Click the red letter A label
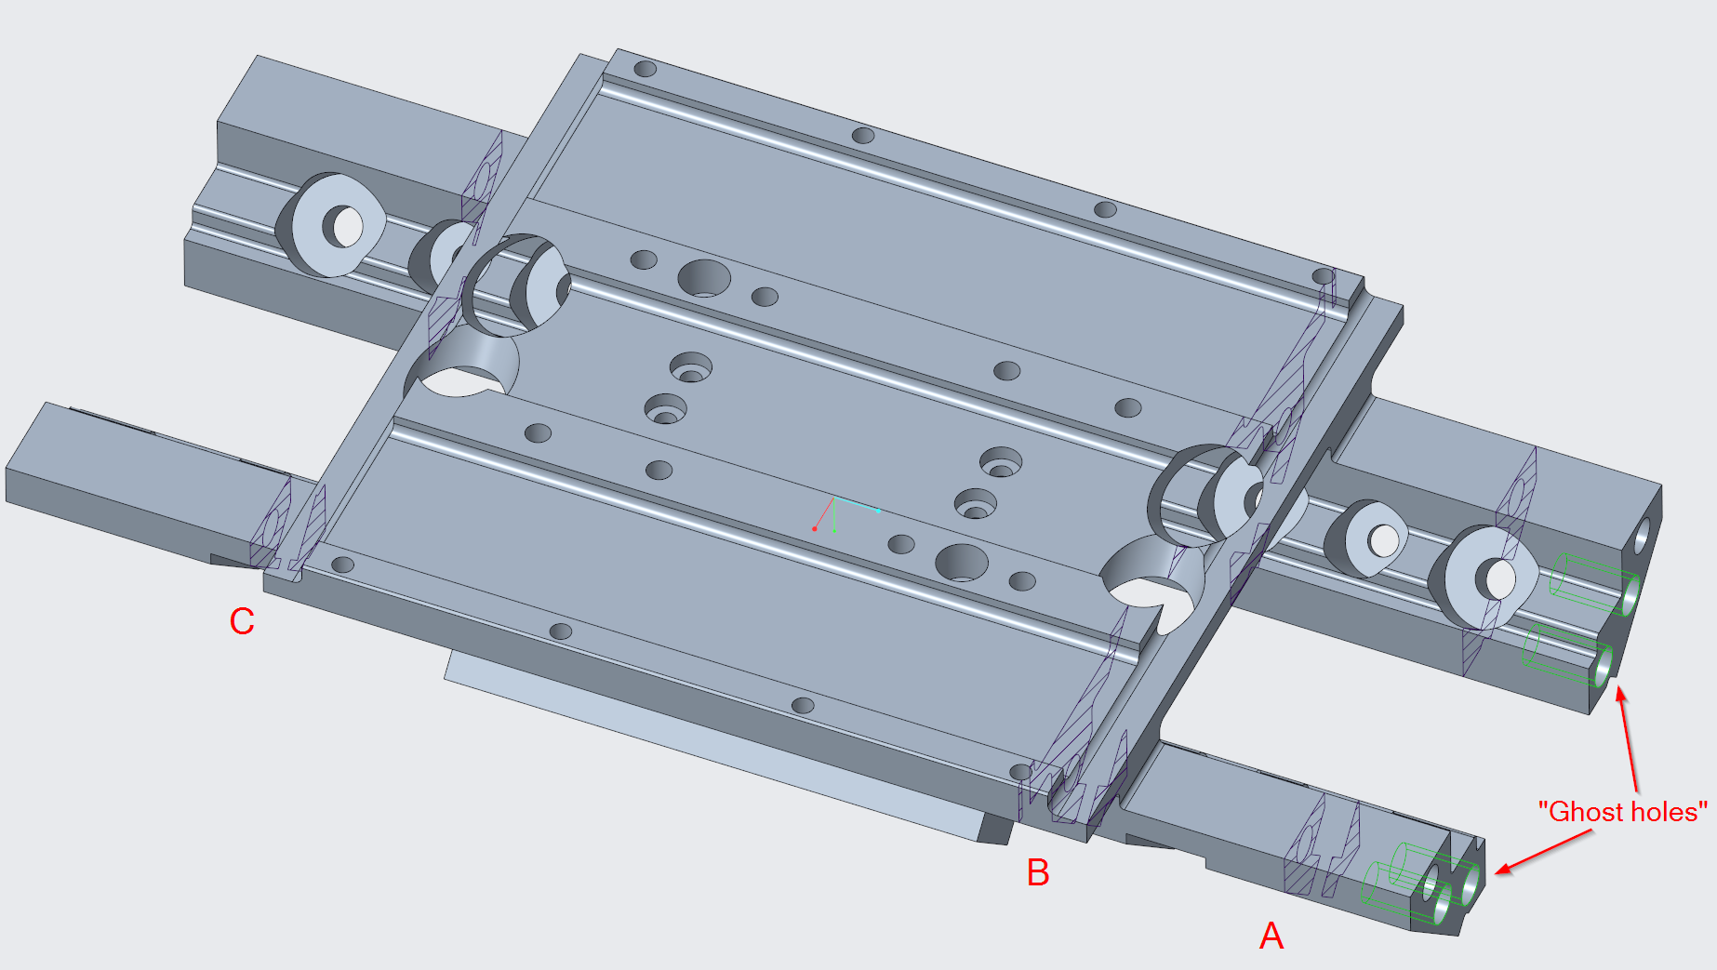(x=1271, y=935)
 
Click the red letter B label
(x=1037, y=872)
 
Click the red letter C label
(x=242, y=621)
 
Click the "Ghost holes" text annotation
(x=1622, y=812)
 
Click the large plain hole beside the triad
(x=961, y=564)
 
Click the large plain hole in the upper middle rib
(x=704, y=278)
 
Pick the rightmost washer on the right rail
(x=1486, y=578)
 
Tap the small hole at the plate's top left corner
(x=645, y=69)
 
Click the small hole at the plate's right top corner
(x=1323, y=276)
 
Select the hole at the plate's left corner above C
(x=343, y=565)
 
